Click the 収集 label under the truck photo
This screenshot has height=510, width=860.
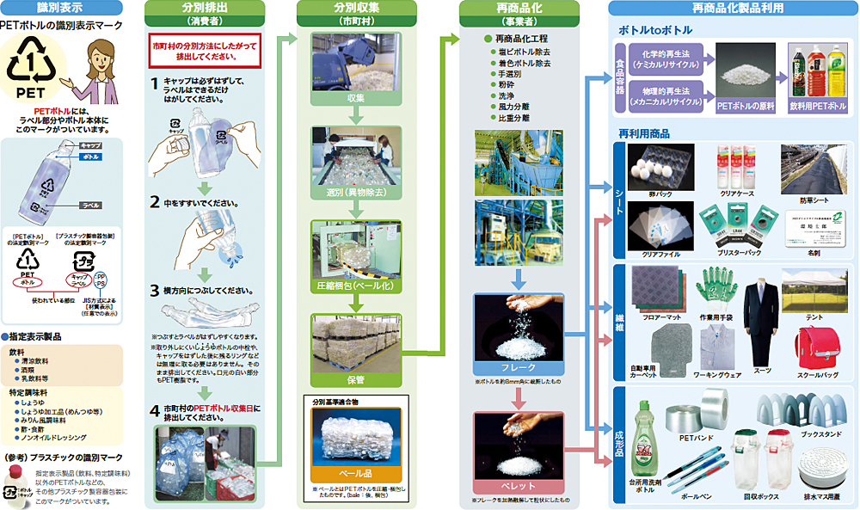(356, 99)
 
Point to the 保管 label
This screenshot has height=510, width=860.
(356, 378)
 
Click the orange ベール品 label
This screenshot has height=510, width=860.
(357, 472)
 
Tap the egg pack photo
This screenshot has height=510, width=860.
(660, 166)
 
